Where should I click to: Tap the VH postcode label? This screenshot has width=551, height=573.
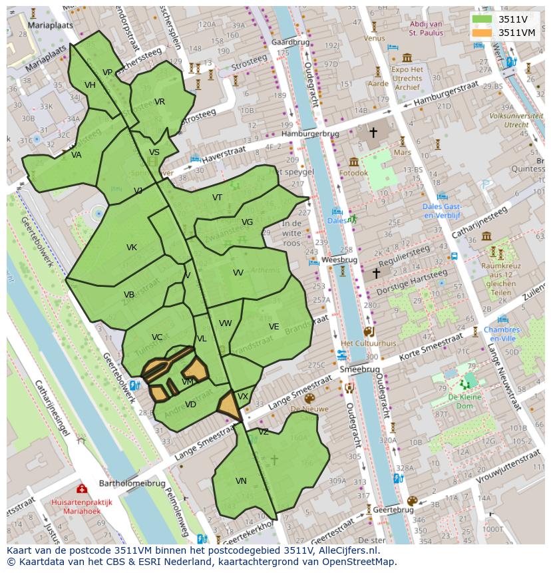91,85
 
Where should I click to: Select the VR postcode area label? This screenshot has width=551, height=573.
160,102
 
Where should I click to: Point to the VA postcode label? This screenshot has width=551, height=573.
77,155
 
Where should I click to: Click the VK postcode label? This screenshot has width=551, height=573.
132,248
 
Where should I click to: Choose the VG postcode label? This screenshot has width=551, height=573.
248,222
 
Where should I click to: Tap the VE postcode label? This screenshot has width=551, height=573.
274,327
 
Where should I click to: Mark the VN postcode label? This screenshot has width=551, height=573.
241,480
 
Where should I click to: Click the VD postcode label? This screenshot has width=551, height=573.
191,404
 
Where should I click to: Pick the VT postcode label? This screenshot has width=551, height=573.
218,198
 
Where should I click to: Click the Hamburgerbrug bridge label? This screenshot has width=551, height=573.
309,134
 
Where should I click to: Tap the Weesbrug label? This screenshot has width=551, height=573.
339,260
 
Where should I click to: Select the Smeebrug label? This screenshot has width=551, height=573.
359,369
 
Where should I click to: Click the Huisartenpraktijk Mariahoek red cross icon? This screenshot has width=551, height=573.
82,489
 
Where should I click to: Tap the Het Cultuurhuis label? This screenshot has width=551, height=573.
368,343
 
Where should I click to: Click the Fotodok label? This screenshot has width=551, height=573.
353,173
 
